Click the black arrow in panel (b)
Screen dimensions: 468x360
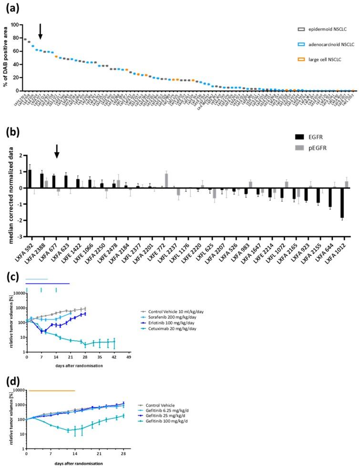tap(57, 152)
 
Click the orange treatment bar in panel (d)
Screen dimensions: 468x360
tap(51, 390)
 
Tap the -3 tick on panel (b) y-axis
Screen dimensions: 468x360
tap(21, 236)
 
